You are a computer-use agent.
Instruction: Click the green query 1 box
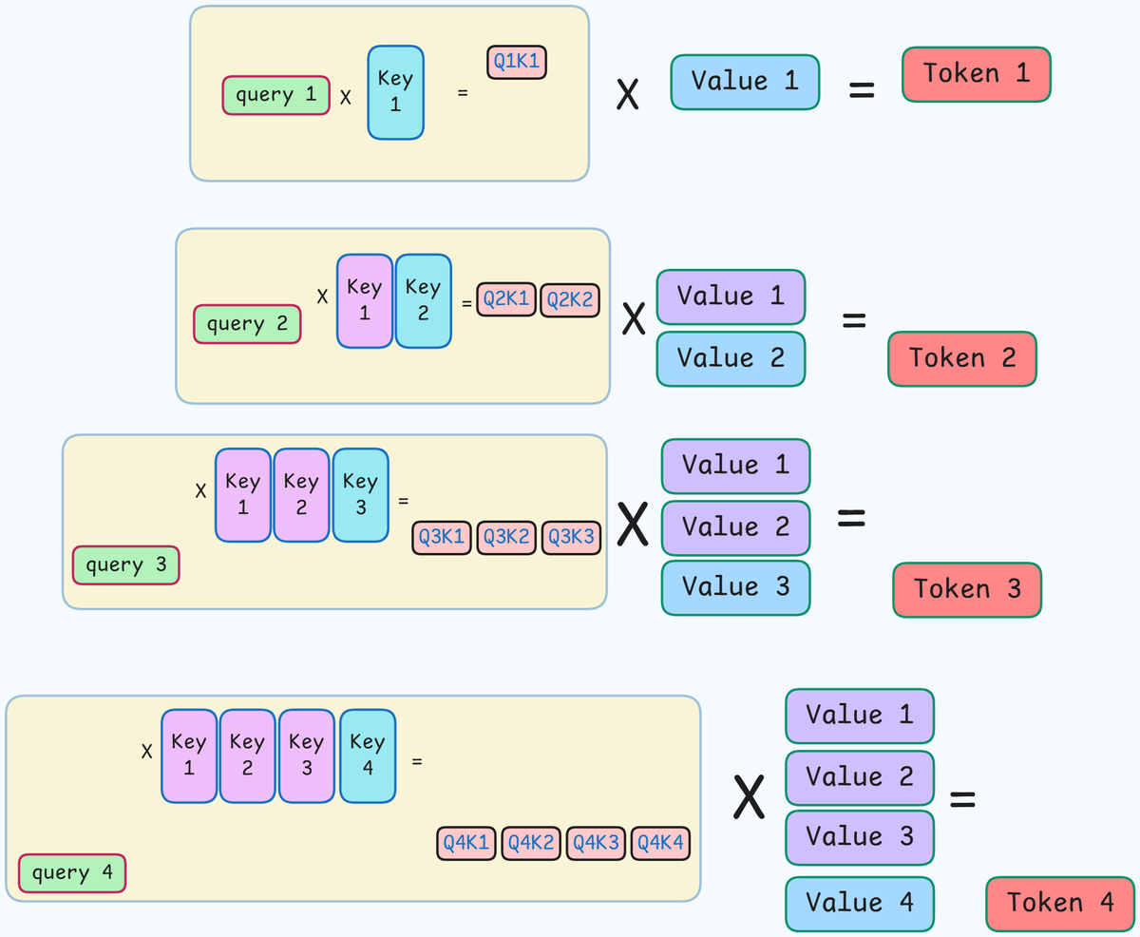point(276,95)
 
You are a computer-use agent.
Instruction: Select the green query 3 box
point(125,565)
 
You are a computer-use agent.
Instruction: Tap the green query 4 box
point(72,872)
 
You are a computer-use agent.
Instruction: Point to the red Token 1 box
point(976,74)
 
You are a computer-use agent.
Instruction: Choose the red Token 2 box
point(961,358)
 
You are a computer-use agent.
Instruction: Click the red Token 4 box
point(1060,903)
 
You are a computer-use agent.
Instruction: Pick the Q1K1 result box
point(516,63)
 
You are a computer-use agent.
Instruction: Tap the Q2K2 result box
point(570,300)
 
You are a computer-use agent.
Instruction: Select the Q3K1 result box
point(442,538)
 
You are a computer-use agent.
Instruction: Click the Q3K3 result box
point(571,538)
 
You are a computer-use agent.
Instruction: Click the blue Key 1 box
point(395,92)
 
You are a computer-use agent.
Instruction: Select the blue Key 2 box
point(423,300)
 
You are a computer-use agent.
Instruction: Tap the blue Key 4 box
point(367,755)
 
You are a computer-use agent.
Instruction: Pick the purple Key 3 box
point(307,755)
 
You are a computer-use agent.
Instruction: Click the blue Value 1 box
point(745,82)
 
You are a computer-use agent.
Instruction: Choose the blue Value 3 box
point(735,587)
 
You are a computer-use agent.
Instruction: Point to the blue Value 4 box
point(859,903)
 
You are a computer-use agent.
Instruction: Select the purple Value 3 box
point(859,837)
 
